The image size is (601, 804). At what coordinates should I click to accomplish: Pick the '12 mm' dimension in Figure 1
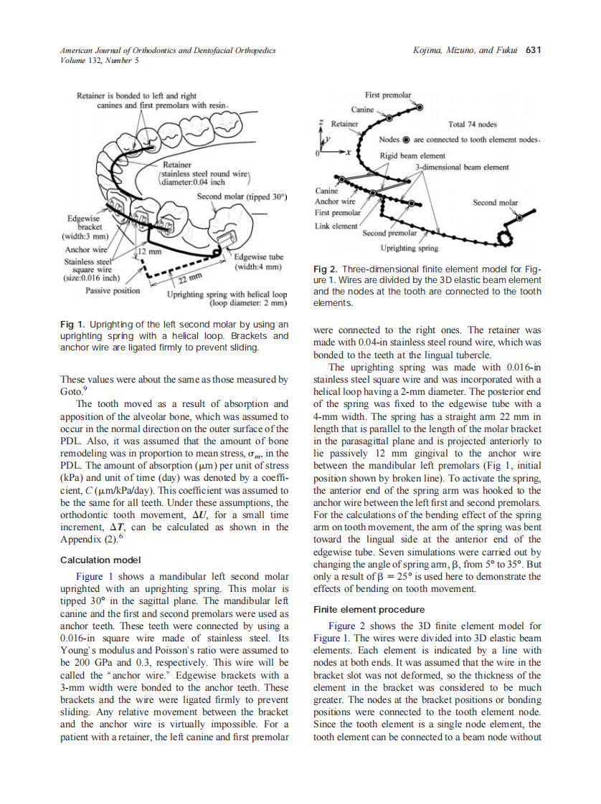click(x=151, y=252)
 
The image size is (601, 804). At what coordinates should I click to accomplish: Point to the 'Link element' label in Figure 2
click(x=336, y=226)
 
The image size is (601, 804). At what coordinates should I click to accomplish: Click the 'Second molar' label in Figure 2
click(x=495, y=203)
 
